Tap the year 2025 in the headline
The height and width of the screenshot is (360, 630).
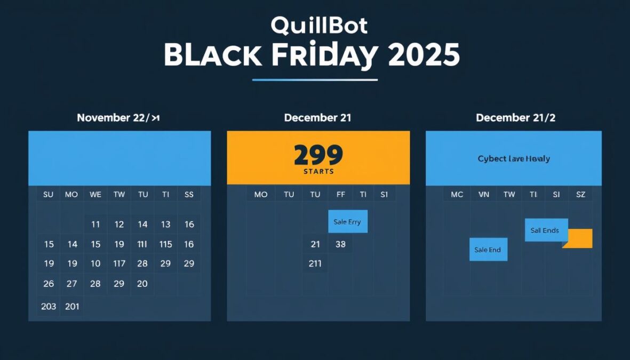point(424,55)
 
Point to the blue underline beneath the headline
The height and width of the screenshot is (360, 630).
point(315,80)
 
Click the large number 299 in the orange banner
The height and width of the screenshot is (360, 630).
point(318,155)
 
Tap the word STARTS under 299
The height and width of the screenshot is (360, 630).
point(318,172)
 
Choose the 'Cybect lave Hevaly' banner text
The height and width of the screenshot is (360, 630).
point(514,158)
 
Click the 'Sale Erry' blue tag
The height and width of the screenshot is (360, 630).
point(347,222)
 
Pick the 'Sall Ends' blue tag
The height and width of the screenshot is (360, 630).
point(545,230)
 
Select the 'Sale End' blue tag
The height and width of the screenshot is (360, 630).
point(488,250)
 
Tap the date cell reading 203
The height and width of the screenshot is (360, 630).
point(49,306)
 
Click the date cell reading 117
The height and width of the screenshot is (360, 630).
point(119,263)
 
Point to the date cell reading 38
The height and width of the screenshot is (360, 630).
point(340,244)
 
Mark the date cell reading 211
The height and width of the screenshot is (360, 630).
point(315,263)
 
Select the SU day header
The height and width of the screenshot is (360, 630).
point(49,195)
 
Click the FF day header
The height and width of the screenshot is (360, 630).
point(340,195)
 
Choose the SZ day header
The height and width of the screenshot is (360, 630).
point(580,195)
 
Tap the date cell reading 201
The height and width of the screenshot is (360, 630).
point(72,306)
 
